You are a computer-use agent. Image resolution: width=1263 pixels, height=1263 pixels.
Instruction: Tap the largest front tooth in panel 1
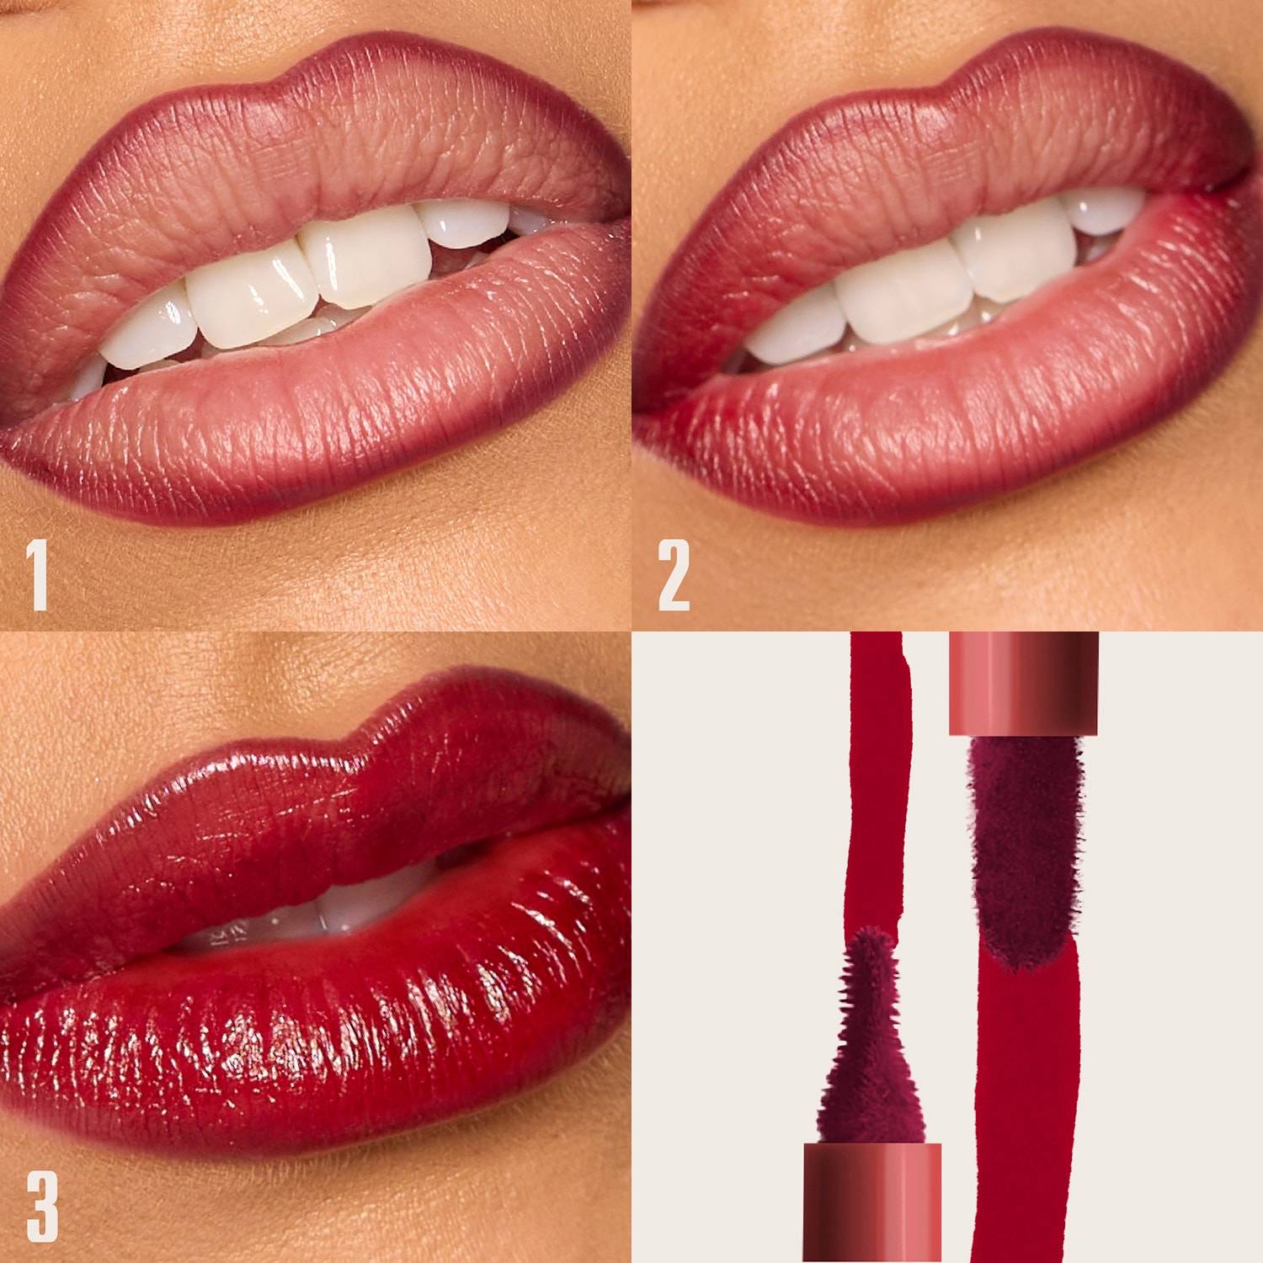click(362, 261)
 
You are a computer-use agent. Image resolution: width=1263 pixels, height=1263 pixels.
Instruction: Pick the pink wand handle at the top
click(1024, 682)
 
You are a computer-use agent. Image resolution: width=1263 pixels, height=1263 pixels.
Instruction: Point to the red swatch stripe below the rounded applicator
click(1023, 1095)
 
